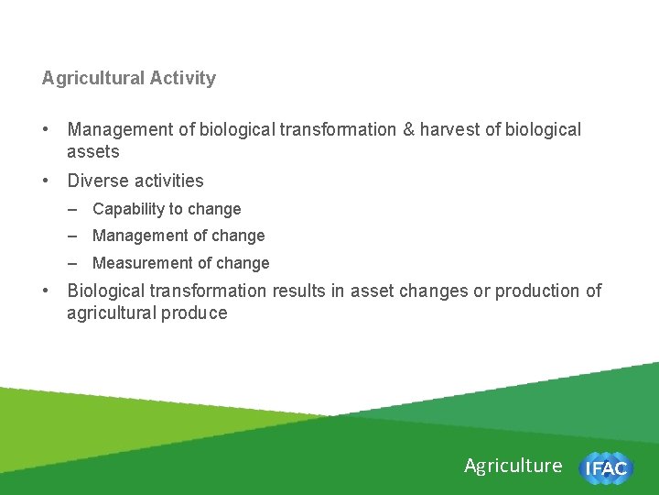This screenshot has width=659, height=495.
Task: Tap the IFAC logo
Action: point(605,468)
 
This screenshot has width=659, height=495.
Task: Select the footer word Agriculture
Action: point(513,466)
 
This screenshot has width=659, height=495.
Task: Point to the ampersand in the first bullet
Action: point(408,129)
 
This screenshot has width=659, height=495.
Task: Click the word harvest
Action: point(449,129)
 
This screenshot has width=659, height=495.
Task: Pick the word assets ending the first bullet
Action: point(92,152)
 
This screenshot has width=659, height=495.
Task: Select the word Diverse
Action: point(98,181)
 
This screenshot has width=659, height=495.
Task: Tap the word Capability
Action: point(129,209)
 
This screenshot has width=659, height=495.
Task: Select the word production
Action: point(540,291)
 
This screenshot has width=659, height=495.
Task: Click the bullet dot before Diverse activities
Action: point(47,181)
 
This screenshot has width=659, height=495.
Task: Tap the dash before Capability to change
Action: point(72,209)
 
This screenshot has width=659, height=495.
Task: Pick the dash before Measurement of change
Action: point(72,263)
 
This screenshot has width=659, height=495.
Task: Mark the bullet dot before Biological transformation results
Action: point(47,291)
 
